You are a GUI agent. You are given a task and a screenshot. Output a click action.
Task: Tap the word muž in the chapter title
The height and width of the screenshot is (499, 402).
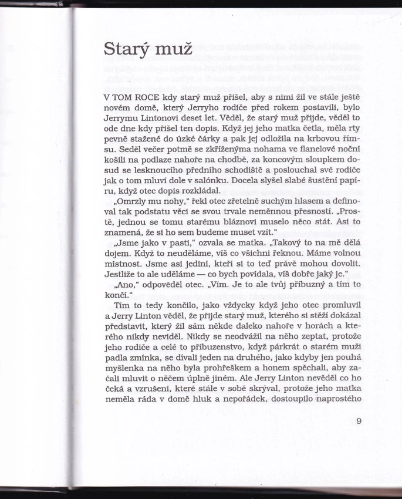[x=173, y=49]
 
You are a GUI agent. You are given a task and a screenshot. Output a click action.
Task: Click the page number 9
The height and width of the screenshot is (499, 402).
[x=360, y=420]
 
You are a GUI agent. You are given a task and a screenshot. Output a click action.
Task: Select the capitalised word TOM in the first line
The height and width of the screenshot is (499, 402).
[x=126, y=96]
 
